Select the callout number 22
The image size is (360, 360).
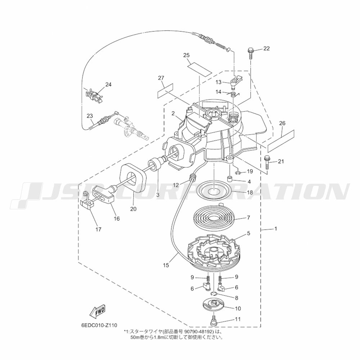(x=266, y=49)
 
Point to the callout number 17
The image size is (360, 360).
(x=98, y=229)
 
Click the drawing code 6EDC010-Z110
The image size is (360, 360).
(x=99, y=325)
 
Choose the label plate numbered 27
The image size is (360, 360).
(x=165, y=91)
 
